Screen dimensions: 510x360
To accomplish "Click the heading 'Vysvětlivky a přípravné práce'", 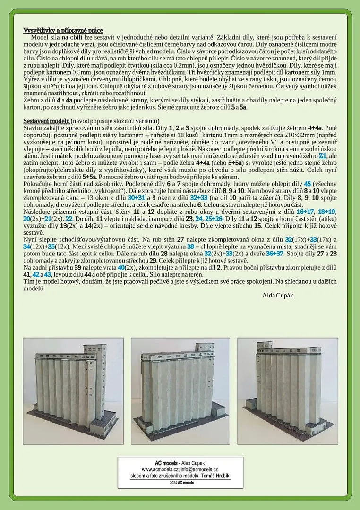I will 63,31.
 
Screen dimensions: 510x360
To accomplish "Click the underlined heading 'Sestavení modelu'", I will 46,121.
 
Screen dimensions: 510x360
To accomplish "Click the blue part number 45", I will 307,183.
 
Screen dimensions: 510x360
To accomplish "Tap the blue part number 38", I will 190,246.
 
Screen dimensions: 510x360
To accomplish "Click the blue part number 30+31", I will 137,197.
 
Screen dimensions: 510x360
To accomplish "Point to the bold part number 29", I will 153,260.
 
